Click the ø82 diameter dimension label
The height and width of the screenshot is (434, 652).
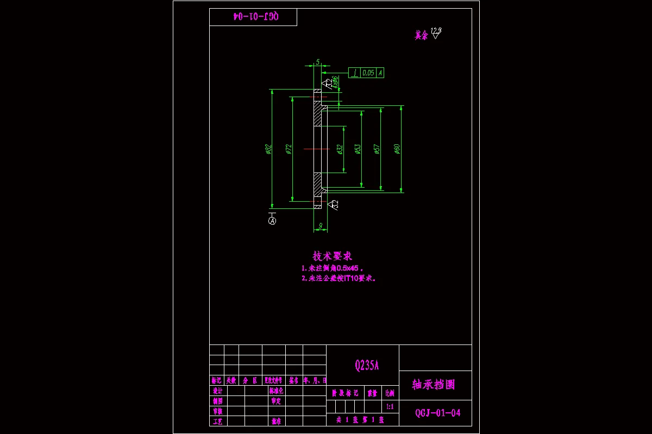[268, 149]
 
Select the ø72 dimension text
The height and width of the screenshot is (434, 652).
[289, 149]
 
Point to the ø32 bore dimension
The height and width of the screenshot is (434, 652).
[340, 149]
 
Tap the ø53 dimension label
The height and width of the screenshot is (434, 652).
[358, 149]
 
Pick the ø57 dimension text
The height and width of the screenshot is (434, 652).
[377, 149]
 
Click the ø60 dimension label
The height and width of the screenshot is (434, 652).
[397, 149]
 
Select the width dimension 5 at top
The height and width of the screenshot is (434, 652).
[317, 62]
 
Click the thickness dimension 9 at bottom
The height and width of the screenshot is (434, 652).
[321, 226]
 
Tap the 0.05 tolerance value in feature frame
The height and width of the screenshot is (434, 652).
[368, 73]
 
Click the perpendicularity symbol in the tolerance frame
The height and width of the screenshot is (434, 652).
[354, 73]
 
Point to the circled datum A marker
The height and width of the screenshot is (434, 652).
[273, 221]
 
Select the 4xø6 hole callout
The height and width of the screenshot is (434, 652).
[336, 82]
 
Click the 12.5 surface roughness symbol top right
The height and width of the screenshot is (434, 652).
[435, 34]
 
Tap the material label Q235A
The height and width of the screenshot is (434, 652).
[367, 365]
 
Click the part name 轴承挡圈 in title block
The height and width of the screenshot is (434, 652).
[434, 385]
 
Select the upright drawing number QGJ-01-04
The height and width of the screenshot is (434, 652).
[438, 413]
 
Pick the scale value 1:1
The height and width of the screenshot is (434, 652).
[390, 406]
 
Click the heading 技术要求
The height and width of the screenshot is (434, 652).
[333, 256]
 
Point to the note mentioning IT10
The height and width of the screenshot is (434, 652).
[339, 278]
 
